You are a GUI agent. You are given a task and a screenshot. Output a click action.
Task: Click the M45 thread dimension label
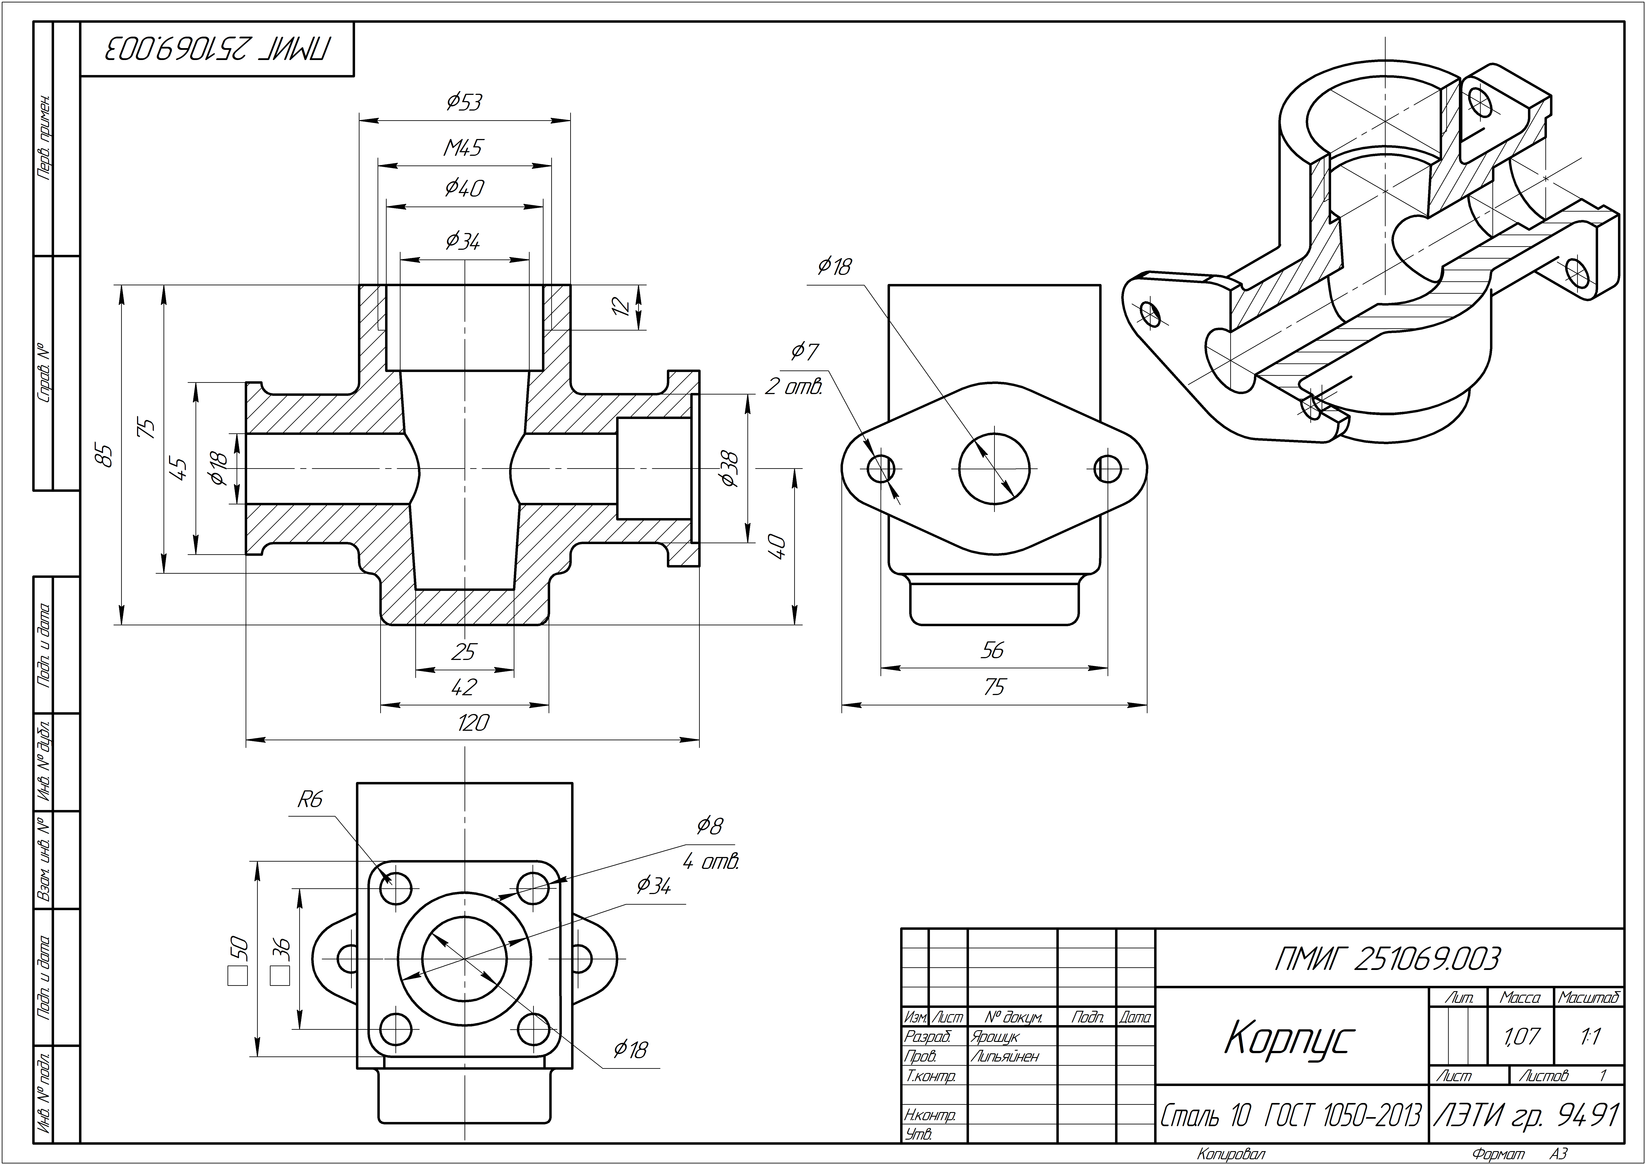point(463,148)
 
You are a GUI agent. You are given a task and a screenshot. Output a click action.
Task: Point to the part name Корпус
point(1289,1039)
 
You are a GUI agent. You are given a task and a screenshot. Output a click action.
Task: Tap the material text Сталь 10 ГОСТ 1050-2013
point(1290,1116)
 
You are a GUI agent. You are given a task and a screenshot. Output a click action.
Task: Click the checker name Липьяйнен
point(1005,1056)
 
